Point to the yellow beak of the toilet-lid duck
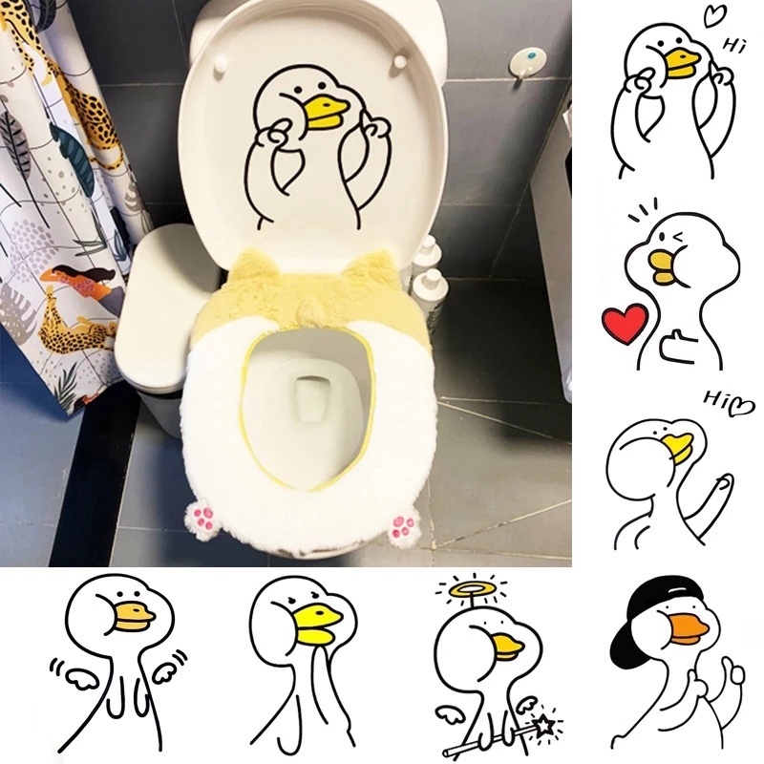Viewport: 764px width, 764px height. click(333, 109)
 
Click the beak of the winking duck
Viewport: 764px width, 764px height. click(667, 268)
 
